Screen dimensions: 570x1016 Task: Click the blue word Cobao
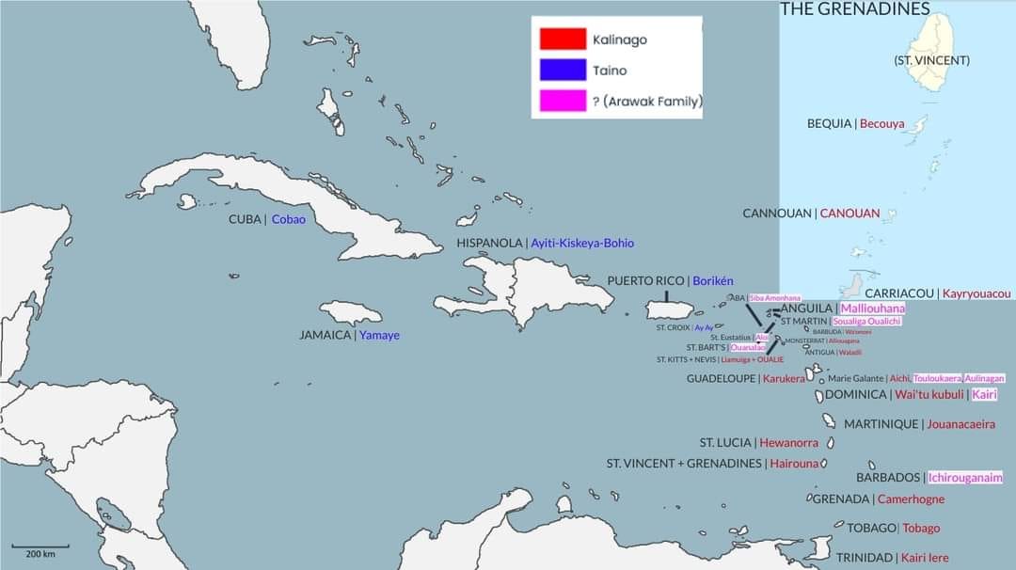click(289, 219)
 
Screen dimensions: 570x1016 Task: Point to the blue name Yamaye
click(379, 335)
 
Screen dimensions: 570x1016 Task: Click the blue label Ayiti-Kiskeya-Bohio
click(582, 243)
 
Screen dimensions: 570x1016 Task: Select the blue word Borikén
click(713, 280)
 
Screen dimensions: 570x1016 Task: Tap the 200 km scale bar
click(40, 546)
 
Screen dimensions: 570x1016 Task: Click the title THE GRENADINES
click(855, 9)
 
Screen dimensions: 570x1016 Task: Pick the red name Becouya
click(881, 123)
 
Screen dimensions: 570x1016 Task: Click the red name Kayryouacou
click(977, 293)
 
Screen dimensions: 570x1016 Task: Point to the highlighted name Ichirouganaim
click(965, 478)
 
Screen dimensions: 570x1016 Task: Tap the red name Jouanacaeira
click(960, 424)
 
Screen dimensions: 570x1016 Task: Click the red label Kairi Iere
click(925, 557)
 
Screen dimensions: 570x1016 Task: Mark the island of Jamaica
click(351, 312)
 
